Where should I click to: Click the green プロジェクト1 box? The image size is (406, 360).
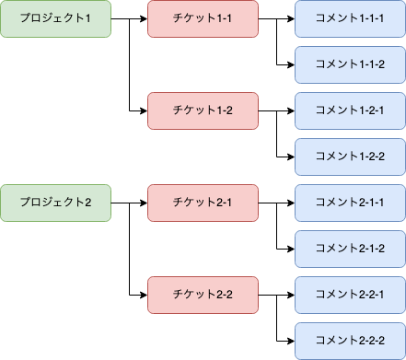coord(55,18)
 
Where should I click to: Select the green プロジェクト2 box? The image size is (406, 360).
coord(55,203)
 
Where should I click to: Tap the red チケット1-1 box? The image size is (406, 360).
coord(203,18)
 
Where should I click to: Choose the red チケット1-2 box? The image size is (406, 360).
coord(203,110)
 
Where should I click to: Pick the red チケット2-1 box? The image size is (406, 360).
coord(203,203)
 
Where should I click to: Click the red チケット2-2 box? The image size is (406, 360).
coord(203,295)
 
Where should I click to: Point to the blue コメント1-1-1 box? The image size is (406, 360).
coord(350,18)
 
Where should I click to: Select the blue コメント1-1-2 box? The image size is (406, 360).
coord(350,64)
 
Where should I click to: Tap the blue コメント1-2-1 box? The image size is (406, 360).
coord(350,110)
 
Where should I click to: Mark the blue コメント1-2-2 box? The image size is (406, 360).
coord(350,157)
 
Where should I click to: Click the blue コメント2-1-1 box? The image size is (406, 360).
coord(350,203)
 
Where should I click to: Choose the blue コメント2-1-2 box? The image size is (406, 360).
coord(350,249)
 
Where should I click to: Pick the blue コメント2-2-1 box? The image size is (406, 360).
coord(350,295)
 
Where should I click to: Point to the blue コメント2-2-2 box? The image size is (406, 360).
coord(350,341)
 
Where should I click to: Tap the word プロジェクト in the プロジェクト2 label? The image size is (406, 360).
coord(52,203)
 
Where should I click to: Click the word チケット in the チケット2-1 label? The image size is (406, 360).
coord(191,203)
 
